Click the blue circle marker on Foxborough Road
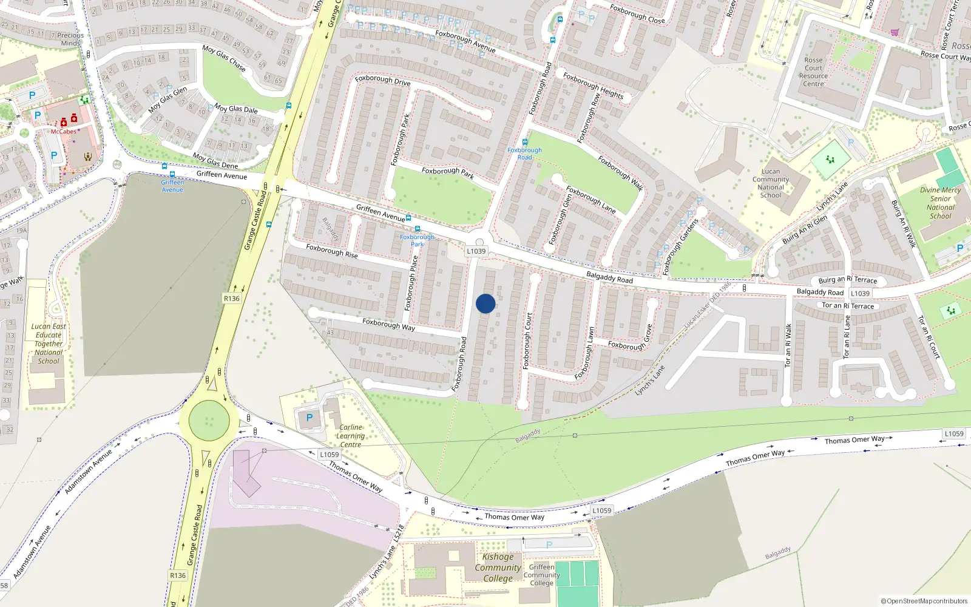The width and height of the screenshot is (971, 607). tap(486, 303)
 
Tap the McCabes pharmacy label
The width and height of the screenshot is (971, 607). tap(64, 132)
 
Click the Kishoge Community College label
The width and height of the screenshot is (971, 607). tap(498, 568)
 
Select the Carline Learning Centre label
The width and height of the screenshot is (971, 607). tap(351, 436)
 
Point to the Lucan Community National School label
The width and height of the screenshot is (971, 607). tap(771, 183)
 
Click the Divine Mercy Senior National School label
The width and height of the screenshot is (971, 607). tap(940, 203)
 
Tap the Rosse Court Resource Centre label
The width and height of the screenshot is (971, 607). tap(813, 72)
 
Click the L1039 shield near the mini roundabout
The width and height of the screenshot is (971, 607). tap(476, 251)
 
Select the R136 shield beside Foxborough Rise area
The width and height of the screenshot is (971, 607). tap(232, 298)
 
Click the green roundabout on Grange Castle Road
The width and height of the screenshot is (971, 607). tap(209, 421)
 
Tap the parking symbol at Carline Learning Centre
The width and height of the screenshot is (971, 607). tap(310, 418)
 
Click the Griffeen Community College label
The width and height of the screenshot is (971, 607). tap(541, 575)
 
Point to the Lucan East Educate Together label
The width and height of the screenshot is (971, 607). tap(49, 344)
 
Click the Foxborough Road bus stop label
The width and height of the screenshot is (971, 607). tap(524, 154)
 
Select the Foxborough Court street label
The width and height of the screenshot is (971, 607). tap(527, 341)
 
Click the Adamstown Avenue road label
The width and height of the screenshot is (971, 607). tap(89, 472)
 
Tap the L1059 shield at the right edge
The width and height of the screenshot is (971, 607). tap(954, 433)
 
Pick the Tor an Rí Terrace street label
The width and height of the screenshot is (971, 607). tap(848, 306)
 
